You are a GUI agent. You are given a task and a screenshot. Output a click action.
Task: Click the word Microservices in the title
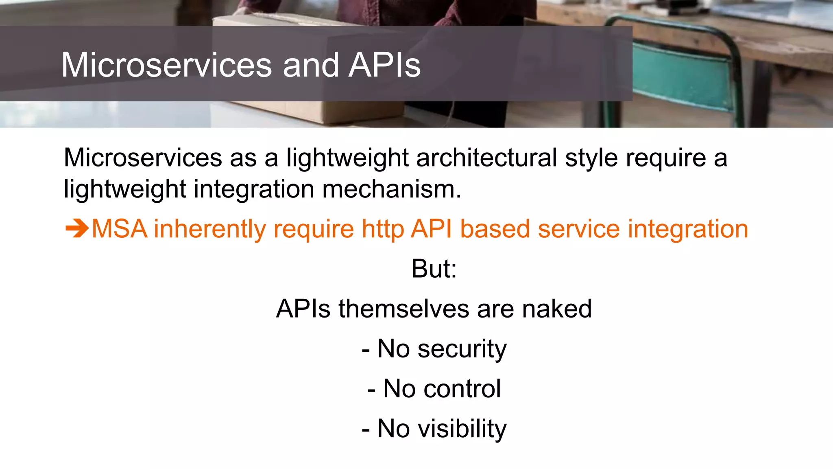click(166, 65)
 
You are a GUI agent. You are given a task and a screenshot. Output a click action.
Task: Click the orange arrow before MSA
click(76, 228)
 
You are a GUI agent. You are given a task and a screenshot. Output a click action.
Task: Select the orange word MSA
click(119, 229)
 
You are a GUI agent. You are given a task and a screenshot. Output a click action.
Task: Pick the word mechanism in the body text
click(392, 189)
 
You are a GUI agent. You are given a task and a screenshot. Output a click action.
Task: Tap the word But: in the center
click(434, 269)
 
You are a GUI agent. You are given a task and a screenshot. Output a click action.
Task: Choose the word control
click(462, 389)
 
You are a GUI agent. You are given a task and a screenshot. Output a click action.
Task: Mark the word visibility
click(462, 429)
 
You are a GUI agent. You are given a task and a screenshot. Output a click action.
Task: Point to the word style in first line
click(591, 158)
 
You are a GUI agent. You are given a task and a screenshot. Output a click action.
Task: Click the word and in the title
click(311, 65)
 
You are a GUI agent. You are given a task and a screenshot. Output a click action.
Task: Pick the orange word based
click(495, 229)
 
